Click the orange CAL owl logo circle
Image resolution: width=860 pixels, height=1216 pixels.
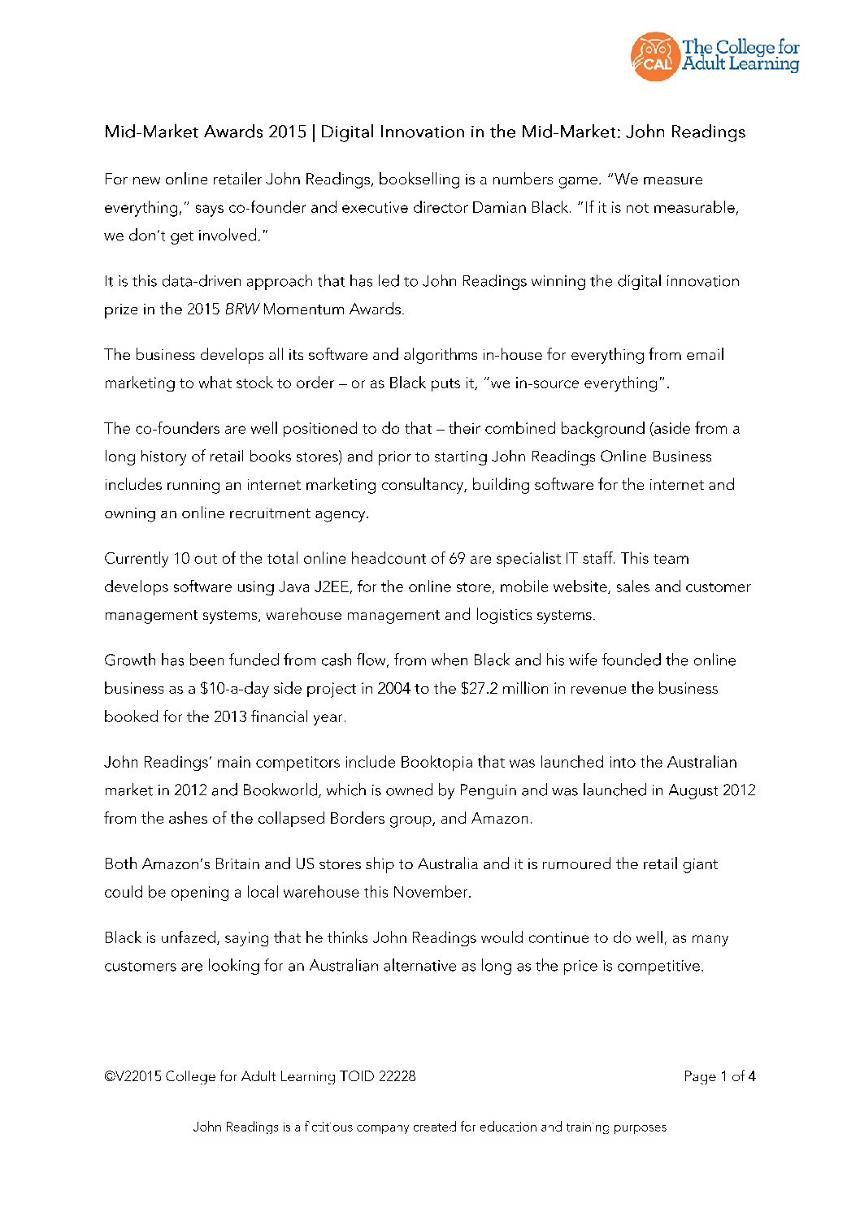[654, 57]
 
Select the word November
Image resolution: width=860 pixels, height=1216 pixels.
[431, 892]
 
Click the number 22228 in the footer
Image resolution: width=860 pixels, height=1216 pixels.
[397, 1077]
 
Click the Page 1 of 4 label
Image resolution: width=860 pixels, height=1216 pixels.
[719, 1077]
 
